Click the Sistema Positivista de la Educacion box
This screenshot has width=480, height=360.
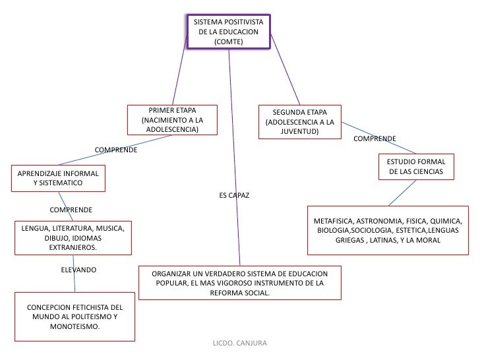pos(228,32)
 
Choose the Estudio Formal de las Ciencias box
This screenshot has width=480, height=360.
pos(416,167)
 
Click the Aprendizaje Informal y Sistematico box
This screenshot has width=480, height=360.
pos(58,177)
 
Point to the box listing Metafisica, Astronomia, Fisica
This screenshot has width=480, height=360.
pos(388,230)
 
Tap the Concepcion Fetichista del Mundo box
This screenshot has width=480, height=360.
pos(75,316)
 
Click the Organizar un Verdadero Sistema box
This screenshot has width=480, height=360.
pos(239,282)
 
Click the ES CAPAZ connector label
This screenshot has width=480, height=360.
pos(233,196)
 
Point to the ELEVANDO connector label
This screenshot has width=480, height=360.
pos(78,270)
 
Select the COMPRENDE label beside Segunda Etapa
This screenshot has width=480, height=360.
pos(375,139)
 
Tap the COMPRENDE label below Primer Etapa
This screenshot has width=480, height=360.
pos(116,150)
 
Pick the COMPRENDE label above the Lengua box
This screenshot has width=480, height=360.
pos(71,210)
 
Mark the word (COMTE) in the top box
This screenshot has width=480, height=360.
pos(228,42)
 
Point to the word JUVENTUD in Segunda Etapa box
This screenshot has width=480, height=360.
pos(299,132)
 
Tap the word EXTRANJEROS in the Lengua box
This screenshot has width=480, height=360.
pos(73,248)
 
